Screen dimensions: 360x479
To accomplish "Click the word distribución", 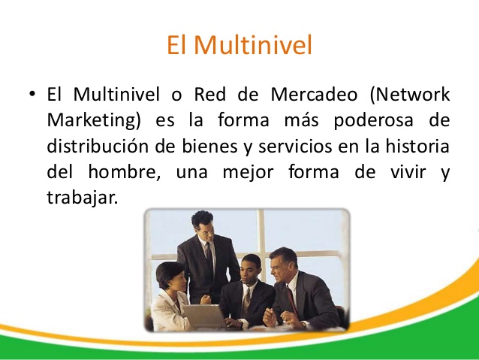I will click(x=95, y=145).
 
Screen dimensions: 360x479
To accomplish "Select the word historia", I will click(x=413, y=145).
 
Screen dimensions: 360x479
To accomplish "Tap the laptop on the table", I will click(x=203, y=316).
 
